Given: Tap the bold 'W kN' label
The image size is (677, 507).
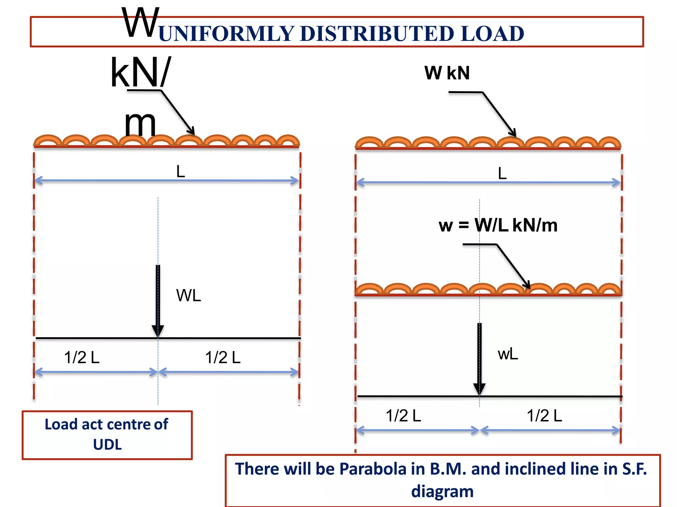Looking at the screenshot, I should click(x=447, y=73).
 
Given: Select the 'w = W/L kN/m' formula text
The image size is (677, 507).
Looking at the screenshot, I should click(x=498, y=226).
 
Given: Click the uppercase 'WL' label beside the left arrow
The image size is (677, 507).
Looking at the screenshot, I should click(x=188, y=295).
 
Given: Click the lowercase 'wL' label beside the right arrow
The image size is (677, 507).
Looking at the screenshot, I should click(x=508, y=355).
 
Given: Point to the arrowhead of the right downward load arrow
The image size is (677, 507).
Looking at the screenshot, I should click(x=479, y=389).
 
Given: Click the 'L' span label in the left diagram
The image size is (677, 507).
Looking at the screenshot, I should click(x=180, y=172).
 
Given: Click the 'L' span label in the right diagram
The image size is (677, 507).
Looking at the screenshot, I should click(x=502, y=173).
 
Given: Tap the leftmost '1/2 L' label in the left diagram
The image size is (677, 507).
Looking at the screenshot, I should click(x=82, y=357).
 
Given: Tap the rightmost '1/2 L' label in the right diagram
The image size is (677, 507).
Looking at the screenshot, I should click(x=544, y=416).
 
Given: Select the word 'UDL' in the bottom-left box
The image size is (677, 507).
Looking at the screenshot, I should click(x=107, y=445).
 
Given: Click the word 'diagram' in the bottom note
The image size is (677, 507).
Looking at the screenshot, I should click(x=442, y=491).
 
